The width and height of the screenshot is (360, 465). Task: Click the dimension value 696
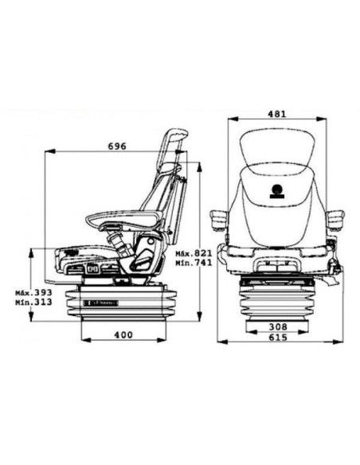(x=117, y=147)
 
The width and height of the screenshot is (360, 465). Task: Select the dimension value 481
(x=277, y=114)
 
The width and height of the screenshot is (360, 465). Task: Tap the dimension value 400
(x=123, y=334)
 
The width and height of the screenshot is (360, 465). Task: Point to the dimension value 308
(x=278, y=326)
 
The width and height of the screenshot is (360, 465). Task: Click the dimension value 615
(x=278, y=337)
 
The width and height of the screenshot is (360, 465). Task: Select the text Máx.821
(x=194, y=253)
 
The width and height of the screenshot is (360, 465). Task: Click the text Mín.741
(x=194, y=263)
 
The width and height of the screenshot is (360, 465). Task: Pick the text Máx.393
(x=33, y=292)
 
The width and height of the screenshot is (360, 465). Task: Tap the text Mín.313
(x=33, y=302)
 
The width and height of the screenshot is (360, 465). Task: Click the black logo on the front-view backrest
(x=277, y=191)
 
